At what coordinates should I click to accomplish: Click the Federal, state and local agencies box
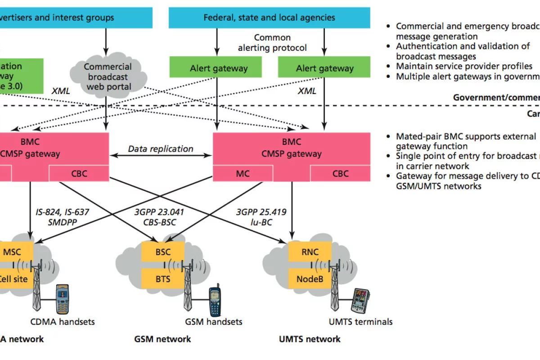(x=269, y=18)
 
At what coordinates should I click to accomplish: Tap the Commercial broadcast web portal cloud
(x=108, y=76)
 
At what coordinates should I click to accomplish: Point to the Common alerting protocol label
(x=272, y=43)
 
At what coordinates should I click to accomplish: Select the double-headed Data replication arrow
(x=161, y=156)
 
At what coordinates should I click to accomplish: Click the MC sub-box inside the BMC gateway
(x=243, y=173)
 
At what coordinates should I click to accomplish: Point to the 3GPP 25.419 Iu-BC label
(x=261, y=216)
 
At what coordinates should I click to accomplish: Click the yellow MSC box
(x=13, y=252)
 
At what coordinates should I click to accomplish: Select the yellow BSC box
(x=163, y=252)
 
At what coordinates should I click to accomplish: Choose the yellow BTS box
(x=163, y=279)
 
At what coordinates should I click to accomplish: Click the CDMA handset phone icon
(x=63, y=299)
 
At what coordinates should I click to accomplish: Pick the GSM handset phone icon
(x=215, y=301)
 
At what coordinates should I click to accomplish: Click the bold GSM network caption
(x=162, y=339)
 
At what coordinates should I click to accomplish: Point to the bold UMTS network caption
(x=310, y=339)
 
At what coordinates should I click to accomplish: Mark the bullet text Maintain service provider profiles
(x=464, y=67)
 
